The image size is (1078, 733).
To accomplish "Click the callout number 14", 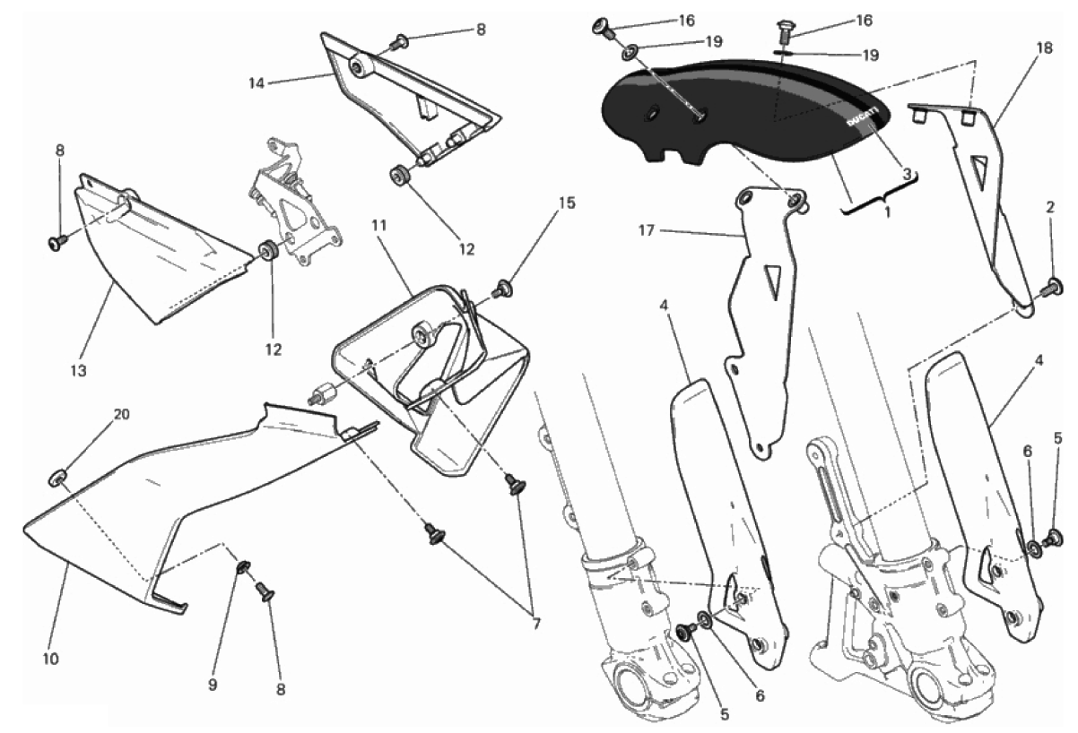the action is pyautogui.click(x=256, y=83).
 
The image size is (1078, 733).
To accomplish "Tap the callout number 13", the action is pyautogui.click(x=78, y=371).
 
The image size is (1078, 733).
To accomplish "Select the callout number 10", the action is pyautogui.click(x=50, y=659).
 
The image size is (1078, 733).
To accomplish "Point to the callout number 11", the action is pyautogui.click(x=378, y=226).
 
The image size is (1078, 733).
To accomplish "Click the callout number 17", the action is pyautogui.click(x=647, y=231).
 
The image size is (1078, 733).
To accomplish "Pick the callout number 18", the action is pyautogui.click(x=1044, y=48).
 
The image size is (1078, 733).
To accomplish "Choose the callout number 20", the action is pyautogui.click(x=121, y=414).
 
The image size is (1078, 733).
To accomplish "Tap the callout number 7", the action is pyautogui.click(x=536, y=624).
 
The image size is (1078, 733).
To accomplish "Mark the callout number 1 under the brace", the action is pyautogui.click(x=888, y=211).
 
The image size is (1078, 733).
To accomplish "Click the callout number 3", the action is pyautogui.click(x=907, y=174).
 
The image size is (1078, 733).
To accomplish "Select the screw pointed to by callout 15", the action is pyautogui.click(x=503, y=289).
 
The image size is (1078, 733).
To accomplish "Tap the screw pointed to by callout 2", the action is pyautogui.click(x=1053, y=289).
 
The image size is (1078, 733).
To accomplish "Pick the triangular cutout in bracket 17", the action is pyautogui.click(x=771, y=280).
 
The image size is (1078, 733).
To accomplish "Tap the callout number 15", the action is pyautogui.click(x=568, y=203).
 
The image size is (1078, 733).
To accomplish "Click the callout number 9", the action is pyautogui.click(x=213, y=685).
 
